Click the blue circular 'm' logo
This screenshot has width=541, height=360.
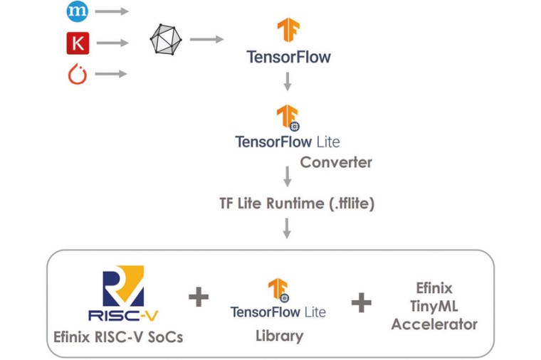76,11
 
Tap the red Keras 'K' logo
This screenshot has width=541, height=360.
77,43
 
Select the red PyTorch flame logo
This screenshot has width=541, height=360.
77,73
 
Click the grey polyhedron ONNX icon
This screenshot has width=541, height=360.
165,39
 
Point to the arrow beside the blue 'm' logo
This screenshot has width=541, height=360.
112,11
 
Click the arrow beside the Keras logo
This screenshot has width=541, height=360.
112,43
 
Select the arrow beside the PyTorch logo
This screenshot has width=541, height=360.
112,73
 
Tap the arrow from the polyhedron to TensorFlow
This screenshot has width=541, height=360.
207,39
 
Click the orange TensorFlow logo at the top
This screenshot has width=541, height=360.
288,31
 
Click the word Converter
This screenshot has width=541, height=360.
336,162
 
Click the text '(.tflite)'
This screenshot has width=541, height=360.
350,203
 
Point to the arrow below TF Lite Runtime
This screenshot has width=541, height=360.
288,228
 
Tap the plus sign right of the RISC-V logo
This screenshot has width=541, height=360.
199,297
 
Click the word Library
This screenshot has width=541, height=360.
279,336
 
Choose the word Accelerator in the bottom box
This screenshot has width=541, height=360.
434,324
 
